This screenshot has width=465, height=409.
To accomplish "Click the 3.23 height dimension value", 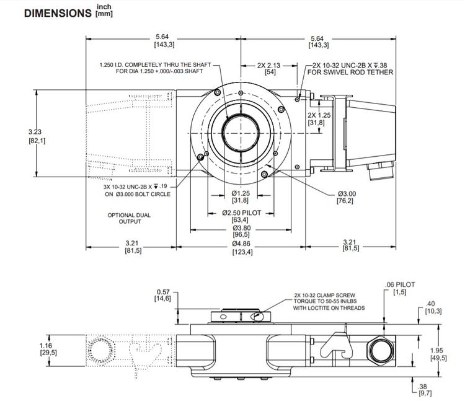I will click(37, 131).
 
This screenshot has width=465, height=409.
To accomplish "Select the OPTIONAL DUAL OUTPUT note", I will click(129, 218).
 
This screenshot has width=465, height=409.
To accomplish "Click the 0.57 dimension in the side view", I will click(163, 291).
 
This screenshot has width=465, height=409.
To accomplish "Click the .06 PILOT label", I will click(399, 284).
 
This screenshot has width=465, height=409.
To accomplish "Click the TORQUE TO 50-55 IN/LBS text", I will click(328, 302).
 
